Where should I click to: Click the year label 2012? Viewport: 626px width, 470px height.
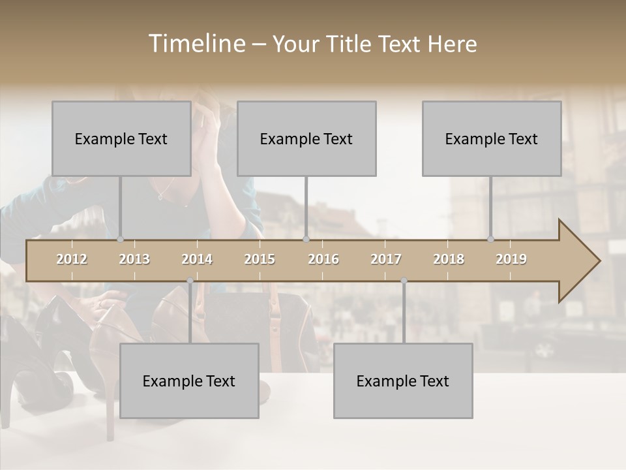tap(72, 259)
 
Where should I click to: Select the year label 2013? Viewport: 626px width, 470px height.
tap(134, 259)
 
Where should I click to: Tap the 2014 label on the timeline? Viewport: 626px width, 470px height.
tap(197, 259)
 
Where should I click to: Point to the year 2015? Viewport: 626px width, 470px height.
tap(260, 259)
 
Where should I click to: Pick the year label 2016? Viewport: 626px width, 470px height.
tap(323, 259)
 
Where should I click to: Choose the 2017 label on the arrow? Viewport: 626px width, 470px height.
tap(386, 259)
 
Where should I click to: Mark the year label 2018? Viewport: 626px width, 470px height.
tap(449, 259)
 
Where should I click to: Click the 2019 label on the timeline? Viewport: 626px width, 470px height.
tap(511, 259)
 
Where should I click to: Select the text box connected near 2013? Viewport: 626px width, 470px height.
tap(121, 138)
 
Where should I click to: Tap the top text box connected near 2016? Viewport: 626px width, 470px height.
tap(306, 138)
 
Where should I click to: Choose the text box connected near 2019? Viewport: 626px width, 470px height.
tap(492, 138)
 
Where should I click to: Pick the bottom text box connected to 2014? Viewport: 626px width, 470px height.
tap(189, 381)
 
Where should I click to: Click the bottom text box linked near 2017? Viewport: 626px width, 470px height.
tap(403, 381)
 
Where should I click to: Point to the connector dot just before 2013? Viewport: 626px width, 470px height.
tap(121, 240)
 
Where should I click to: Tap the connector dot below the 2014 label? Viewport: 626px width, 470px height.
tap(190, 281)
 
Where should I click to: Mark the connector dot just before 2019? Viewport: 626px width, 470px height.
tap(491, 240)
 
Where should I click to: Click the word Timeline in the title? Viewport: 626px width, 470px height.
tap(196, 44)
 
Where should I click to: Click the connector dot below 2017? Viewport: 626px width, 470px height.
tap(404, 281)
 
